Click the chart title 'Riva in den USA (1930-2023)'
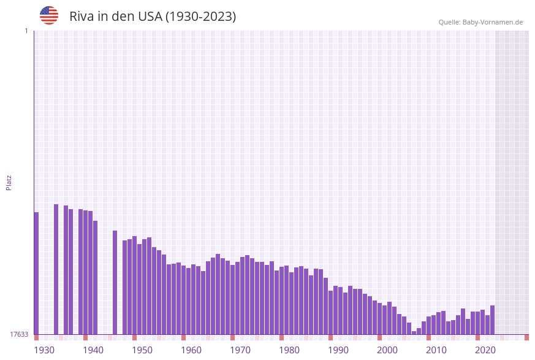153,17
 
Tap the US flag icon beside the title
49,15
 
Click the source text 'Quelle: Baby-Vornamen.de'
480,22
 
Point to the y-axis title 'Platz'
9,182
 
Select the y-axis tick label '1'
26,31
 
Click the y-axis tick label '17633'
18,334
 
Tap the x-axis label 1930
44,350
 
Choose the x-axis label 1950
142,350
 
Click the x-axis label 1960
191,350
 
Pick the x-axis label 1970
240,350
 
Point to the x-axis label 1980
289,350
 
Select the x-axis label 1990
338,350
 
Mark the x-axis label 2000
387,350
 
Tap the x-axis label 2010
436,350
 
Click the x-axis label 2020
485,350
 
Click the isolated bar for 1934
56,269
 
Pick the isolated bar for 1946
115,282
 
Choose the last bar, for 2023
492,320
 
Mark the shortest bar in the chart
414,332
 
